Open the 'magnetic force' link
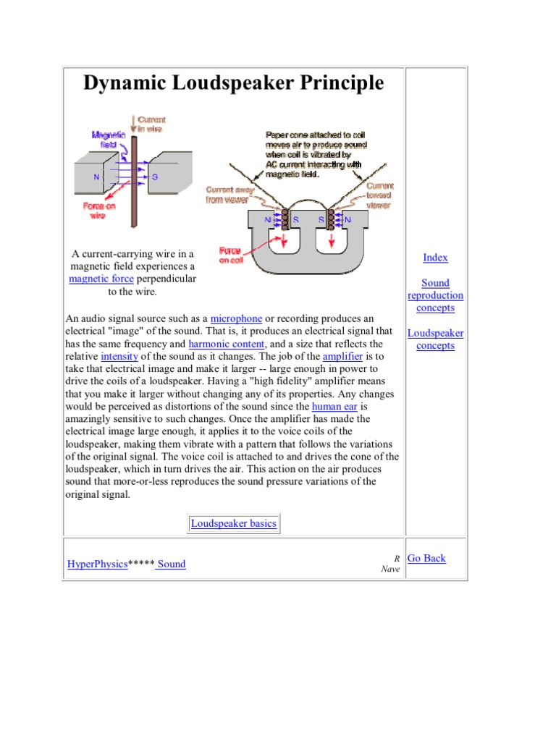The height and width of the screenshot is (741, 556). pos(101,279)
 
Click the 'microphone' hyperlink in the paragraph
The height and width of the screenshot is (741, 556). pos(236,319)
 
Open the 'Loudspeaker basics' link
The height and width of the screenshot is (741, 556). pos(233,523)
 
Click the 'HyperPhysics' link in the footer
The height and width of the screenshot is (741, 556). pos(97,564)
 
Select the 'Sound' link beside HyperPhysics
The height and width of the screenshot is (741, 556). pos(172,564)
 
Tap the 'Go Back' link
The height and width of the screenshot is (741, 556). pos(426,558)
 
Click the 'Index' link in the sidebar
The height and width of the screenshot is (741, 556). pos(435,258)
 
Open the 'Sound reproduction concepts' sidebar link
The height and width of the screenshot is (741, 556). pos(435,295)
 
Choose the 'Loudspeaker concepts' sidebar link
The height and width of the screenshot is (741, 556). pos(435,339)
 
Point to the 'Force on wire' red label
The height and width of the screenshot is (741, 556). pos(99,211)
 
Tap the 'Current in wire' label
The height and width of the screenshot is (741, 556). pos(151,124)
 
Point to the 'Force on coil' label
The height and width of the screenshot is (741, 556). pos(230,255)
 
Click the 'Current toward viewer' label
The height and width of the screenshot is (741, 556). pos(379,195)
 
